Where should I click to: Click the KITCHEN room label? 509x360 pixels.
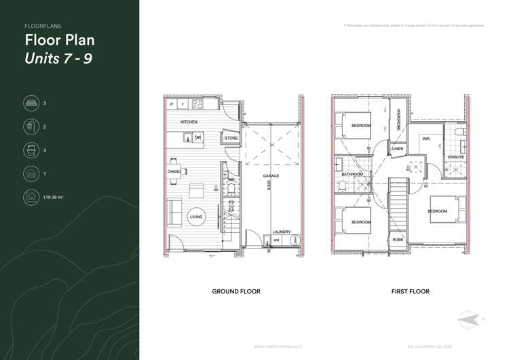click(x=189, y=122)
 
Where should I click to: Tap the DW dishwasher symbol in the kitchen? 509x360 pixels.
click(x=197, y=138)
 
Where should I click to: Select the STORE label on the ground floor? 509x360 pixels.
click(x=231, y=139)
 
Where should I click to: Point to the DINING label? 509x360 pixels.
click(x=174, y=172)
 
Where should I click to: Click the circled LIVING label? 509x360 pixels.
click(x=196, y=217)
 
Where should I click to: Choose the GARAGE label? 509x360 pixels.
click(x=271, y=176)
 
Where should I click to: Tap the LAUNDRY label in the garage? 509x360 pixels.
click(x=281, y=232)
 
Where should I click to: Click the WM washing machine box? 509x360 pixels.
click(x=277, y=240)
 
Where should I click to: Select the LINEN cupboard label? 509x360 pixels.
click(x=398, y=148)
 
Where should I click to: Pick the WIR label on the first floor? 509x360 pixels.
click(x=426, y=139)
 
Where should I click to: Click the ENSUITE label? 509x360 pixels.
click(x=456, y=157)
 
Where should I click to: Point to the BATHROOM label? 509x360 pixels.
click(x=352, y=175)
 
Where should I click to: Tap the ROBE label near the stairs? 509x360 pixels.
click(x=398, y=240)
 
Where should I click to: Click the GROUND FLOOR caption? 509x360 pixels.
click(x=235, y=291)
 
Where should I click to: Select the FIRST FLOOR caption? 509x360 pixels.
click(x=410, y=291)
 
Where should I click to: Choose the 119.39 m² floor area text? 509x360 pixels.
click(x=54, y=197)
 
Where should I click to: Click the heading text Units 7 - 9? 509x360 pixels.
click(x=58, y=58)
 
